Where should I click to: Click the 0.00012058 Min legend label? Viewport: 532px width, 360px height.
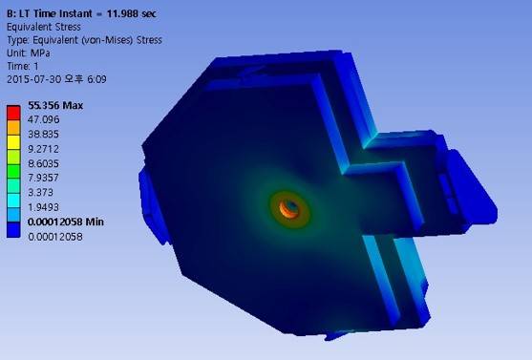[x=61, y=222]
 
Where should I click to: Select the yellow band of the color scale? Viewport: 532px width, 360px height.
[x=12, y=142]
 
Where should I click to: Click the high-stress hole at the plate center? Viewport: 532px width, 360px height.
[x=291, y=206]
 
